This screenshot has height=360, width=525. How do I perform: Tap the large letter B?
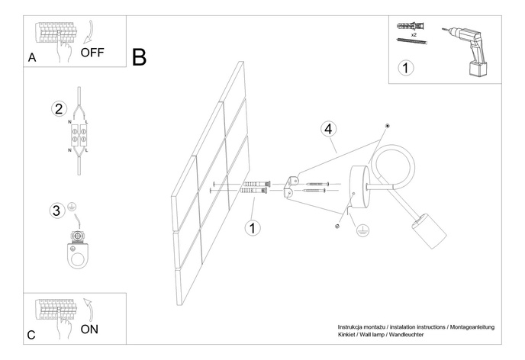(139, 57)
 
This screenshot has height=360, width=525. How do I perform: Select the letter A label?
(31, 57)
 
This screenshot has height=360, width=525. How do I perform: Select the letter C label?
(31, 334)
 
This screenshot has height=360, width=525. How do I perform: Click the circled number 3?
(56, 209)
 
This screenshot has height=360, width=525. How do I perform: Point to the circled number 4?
(328, 128)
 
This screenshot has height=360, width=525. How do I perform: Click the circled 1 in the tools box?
(406, 68)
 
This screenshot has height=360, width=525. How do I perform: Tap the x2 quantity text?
(413, 35)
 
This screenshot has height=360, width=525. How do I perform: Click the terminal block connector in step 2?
(79, 135)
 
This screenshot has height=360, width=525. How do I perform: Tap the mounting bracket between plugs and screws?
(289, 186)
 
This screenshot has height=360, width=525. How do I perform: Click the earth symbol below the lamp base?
(363, 229)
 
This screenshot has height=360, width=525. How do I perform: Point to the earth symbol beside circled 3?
(73, 207)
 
